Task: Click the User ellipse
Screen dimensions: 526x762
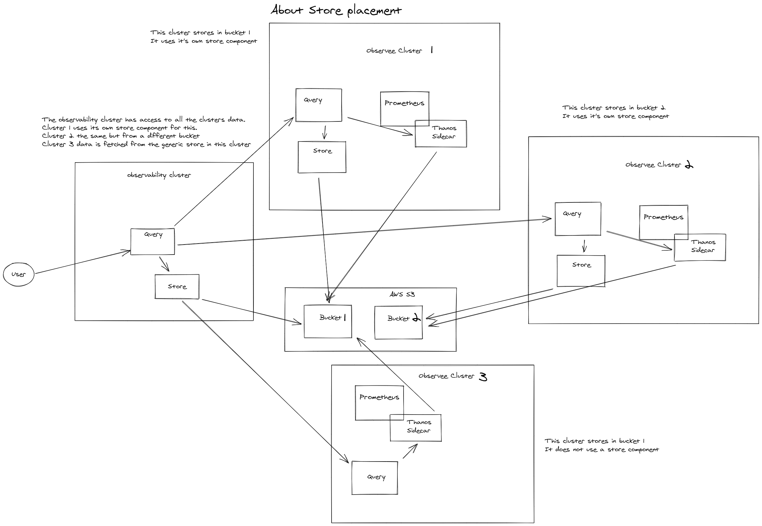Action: pyautogui.click(x=18, y=274)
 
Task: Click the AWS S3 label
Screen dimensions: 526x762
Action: pyautogui.click(x=402, y=294)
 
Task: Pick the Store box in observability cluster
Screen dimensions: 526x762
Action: pyautogui.click(x=177, y=286)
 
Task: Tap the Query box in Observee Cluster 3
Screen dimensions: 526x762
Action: pyautogui.click(x=375, y=478)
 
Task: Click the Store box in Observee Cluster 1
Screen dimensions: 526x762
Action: pyautogui.click(x=322, y=157)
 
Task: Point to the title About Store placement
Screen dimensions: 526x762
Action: pyautogui.click(x=336, y=11)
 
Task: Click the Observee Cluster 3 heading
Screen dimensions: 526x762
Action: pyautogui.click(x=452, y=376)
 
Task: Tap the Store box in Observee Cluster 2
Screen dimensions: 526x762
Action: pyautogui.click(x=581, y=270)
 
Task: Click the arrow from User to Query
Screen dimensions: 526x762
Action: pyautogui.click(x=82, y=262)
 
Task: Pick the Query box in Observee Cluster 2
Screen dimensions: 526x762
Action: pyautogui.click(x=578, y=219)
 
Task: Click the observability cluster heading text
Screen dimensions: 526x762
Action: pyautogui.click(x=159, y=175)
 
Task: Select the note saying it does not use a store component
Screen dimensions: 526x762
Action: pyautogui.click(x=602, y=450)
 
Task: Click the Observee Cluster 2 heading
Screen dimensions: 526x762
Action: pyautogui.click(x=659, y=165)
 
